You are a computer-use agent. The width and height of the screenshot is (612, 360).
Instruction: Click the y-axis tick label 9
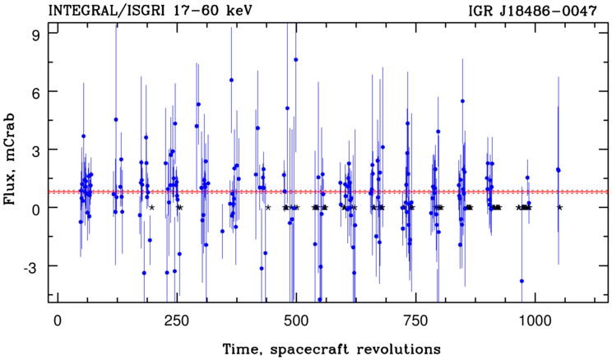tap(38, 34)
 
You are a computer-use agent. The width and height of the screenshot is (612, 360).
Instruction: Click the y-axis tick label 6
tap(38, 91)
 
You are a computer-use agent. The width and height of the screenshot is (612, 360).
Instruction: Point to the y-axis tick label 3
tap(38, 150)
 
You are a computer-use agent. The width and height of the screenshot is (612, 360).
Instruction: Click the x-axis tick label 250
tap(177, 321)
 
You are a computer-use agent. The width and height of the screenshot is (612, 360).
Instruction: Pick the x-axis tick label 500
tap(296, 321)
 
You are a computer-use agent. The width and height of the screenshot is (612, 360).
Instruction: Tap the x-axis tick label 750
tap(415, 321)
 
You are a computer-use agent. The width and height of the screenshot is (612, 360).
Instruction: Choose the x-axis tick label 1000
tap(535, 321)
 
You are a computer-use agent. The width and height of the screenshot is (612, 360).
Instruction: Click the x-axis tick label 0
tap(58, 321)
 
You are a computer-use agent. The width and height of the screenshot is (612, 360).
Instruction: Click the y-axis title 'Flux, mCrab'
tap(10, 159)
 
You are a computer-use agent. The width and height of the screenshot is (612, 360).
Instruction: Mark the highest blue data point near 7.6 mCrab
tap(296, 60)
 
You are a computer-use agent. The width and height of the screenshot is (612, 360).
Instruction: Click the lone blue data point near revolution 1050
tap(559, 169)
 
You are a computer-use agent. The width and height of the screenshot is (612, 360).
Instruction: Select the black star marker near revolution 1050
tap(559, 207)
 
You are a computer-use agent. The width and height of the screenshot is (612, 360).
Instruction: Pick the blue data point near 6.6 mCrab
tap(231, 80)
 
